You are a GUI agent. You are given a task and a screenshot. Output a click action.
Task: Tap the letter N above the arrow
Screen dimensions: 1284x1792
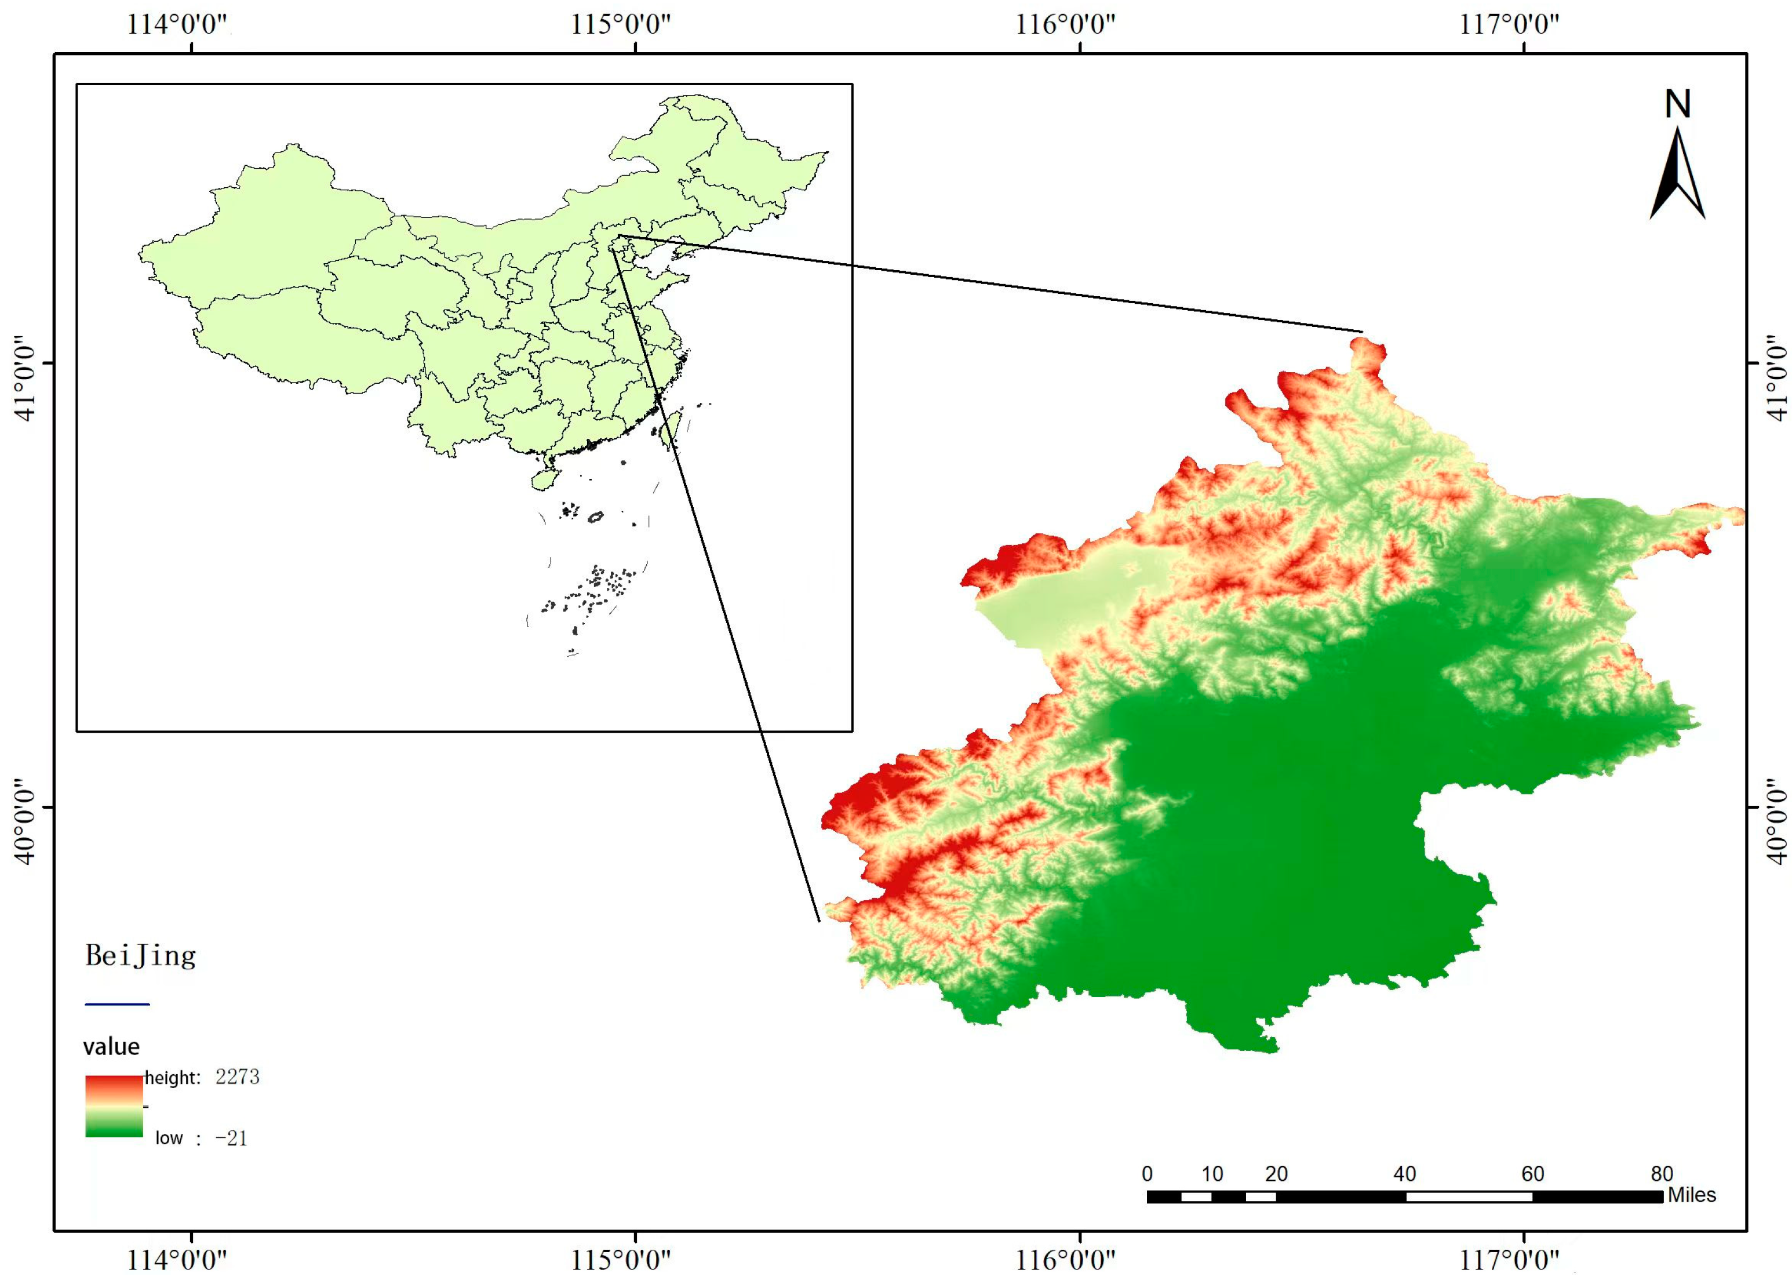click(1677, 104)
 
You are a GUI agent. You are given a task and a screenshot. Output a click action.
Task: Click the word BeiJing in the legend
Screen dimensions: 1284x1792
click(141, 956)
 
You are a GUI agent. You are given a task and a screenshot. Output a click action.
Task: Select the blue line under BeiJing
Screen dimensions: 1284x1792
click(117, 1004)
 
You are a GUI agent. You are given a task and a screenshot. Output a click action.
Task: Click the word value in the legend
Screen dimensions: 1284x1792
click(111, 1047)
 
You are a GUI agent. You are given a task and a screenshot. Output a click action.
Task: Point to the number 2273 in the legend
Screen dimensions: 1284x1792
click(237, 1077)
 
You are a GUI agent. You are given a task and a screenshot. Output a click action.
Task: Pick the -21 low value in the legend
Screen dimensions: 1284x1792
click(231, 1138)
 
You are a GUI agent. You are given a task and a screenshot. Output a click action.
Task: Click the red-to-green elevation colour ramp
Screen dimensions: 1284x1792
click(114, 1106)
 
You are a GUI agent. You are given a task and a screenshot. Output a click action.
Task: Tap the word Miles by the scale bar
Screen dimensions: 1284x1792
click(1692, 1195)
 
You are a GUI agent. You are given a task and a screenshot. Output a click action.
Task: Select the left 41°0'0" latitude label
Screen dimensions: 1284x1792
click(26, 383)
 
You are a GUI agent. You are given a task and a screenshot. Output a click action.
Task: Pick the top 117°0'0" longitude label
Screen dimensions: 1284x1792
click(1509, 24)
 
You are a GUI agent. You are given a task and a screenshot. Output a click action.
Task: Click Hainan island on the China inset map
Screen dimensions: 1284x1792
click(544, 479)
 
